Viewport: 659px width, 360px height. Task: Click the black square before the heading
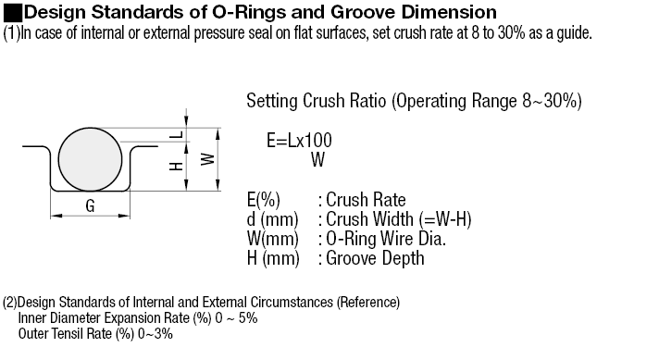(13, 13)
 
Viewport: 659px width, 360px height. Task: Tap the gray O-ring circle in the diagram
(90, 159)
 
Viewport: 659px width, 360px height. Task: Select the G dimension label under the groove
(90, 205)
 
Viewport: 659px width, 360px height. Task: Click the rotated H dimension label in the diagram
(176, 167)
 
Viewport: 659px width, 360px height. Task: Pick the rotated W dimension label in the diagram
(207, 159)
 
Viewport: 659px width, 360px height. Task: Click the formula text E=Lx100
(299, 141)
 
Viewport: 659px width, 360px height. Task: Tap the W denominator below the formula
(318, 159)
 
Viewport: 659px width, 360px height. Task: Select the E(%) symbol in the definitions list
(264, 200)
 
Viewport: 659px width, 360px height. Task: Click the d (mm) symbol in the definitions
(273, 219)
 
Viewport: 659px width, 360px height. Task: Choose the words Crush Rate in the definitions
(366, 200)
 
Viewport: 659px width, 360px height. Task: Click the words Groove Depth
(375, 258)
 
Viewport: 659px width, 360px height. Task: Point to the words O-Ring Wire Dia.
(386, 239)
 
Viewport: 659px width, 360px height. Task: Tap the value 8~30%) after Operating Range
(553, 101)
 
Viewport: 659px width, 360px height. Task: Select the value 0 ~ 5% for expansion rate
(236, 318)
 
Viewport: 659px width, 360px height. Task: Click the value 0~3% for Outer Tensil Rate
(155, 334)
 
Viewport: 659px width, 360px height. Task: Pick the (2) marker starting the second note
(9, 303)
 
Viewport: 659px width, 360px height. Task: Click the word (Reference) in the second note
(367, 303)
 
